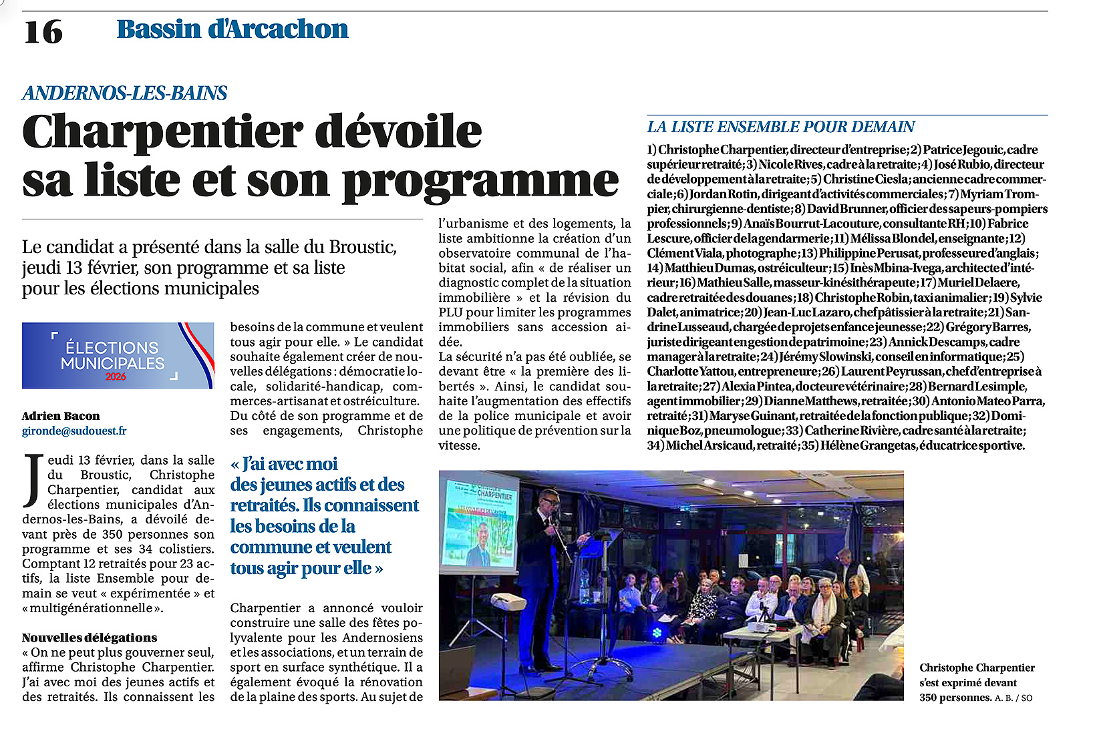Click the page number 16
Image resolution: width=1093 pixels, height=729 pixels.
tap(43, 31)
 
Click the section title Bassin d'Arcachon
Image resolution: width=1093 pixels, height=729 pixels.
tap(232, 29)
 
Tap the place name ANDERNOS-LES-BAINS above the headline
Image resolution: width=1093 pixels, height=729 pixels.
tap(125, 93)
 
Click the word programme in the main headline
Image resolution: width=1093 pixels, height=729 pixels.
tap(480, 182)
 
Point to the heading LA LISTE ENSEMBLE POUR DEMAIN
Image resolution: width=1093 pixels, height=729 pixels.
tap(780, 127)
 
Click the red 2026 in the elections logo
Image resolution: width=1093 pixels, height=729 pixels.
tap(116, 377)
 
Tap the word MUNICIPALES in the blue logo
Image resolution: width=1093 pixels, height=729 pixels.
tap(112, 363)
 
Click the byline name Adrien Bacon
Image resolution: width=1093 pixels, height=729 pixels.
tap(61, 416)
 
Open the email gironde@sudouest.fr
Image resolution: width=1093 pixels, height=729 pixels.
tap(74, 431)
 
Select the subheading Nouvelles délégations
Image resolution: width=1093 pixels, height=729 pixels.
tap(90, 638)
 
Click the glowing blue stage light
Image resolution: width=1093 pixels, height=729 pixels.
tap(657, 632)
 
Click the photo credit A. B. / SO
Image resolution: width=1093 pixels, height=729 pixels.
tap(1013, 698)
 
